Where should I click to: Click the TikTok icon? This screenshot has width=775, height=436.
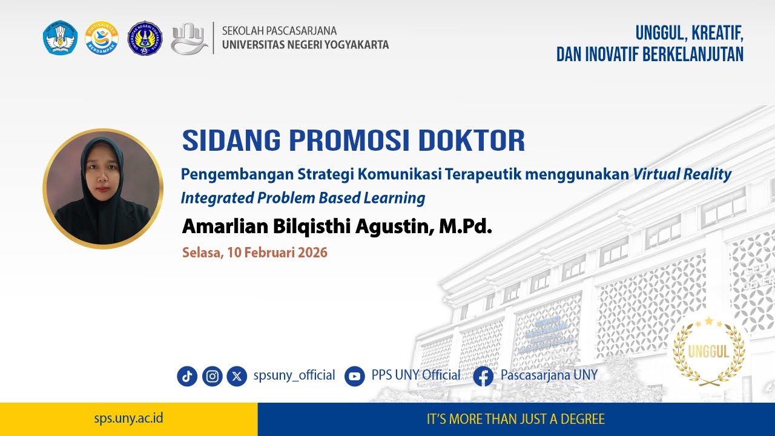[187, 376]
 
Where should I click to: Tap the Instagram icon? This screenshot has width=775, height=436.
[212, 376]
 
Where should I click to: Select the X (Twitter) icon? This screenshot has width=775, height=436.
[237, 376]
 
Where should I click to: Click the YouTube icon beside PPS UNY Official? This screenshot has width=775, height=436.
[355, 376]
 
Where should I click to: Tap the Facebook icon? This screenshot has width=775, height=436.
[483, 376]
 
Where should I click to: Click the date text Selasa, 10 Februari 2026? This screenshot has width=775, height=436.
[255, 253]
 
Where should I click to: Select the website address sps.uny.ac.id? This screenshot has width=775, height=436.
[128, 418]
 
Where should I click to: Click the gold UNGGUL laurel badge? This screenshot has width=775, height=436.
[708, 352]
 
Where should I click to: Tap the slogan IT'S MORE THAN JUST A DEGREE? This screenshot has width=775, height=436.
[516, 419]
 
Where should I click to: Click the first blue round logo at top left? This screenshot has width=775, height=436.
[61, 38]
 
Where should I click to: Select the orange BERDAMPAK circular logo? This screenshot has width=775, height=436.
[102, 38]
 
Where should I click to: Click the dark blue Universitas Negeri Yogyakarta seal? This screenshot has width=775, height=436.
[145, 38]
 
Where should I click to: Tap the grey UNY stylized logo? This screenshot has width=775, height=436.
[189, 39]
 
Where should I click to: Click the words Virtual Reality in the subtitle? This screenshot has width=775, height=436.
[682, 174]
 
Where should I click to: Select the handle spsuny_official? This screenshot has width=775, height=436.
[294, 375]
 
